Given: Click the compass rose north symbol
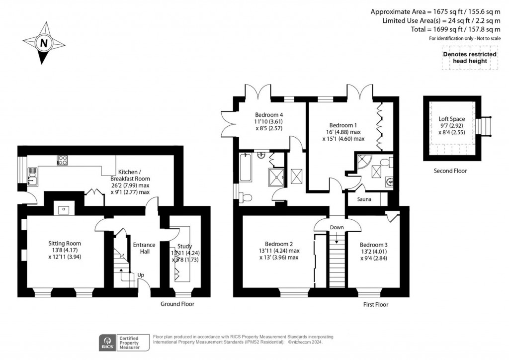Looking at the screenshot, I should (44, 43).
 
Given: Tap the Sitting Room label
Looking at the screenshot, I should (65, 243).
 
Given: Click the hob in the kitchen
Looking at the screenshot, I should (63, 160).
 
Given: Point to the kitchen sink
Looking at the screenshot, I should (32, 177).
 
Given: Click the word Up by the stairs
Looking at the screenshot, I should (141, 274).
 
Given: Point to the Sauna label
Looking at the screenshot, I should (364, 199).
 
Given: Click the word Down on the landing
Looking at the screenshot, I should (337, 227).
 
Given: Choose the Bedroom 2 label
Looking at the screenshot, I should (278, 244).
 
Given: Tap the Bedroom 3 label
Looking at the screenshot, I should (373, 245).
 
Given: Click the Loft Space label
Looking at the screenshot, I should (451, 119).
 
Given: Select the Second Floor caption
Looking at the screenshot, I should (450, 171).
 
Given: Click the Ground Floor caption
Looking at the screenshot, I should (177, 304).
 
